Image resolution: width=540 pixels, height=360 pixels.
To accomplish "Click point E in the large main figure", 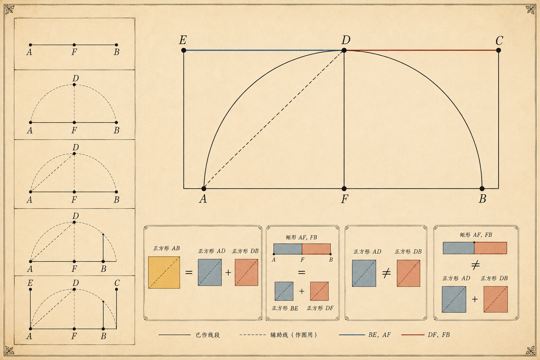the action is tap(184, 50).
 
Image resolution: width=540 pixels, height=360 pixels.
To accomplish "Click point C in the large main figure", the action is tap(499, 50).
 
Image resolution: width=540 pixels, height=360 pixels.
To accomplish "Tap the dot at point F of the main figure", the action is tap(344, 188).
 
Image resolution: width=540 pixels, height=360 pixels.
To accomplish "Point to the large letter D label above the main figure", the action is tap(346, 40).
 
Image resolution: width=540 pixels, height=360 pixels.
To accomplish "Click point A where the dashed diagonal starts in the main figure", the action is tap(204, 188).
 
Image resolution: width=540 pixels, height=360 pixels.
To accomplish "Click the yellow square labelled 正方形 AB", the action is tap(164, 272).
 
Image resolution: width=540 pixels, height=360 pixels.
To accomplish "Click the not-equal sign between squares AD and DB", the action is tap(386, 274).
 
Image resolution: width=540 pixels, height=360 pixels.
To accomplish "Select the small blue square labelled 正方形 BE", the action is tap(284, 291).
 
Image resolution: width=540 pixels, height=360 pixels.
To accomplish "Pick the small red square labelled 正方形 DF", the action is tap(319, 291).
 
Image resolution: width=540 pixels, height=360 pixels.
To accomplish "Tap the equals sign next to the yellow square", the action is tap(189, 272).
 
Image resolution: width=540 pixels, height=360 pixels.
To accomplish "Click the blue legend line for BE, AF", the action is tap(352, 335).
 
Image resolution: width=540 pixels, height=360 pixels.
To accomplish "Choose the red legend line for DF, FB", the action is tap(413, 335).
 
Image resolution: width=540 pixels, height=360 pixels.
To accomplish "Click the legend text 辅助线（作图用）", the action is tap(294, 335).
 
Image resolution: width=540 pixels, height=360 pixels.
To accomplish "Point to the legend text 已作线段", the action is tap(207, 335).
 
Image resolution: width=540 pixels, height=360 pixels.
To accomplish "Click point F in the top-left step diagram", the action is tap(74, 45).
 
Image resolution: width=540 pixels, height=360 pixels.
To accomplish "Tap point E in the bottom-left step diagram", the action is tap(30, 289).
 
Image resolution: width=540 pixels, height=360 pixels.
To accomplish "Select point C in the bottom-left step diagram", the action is tap(116, 289).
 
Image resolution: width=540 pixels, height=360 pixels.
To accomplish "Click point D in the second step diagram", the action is tap(74, 85).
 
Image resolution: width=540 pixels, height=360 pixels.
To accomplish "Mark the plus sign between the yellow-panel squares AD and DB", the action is tap(228, 272).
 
